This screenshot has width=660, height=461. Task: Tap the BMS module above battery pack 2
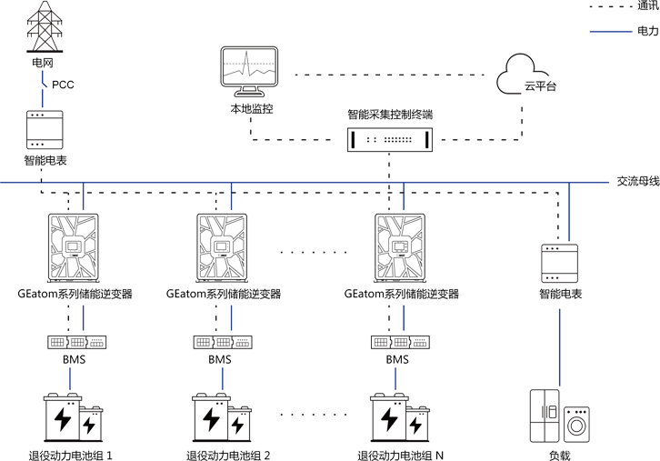pyautogui.click(x=224, y=342)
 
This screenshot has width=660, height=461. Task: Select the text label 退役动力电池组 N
pyautogui.click(x=400, y=453)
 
